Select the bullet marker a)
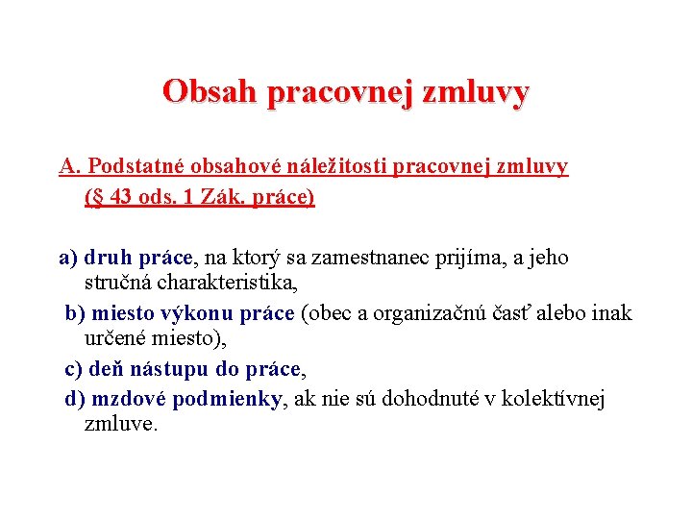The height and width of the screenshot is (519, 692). point(68,258)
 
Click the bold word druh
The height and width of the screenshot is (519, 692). point(109,258)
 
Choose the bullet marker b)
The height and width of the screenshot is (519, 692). point(75,313)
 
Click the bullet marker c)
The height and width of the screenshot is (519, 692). point(74,369)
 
